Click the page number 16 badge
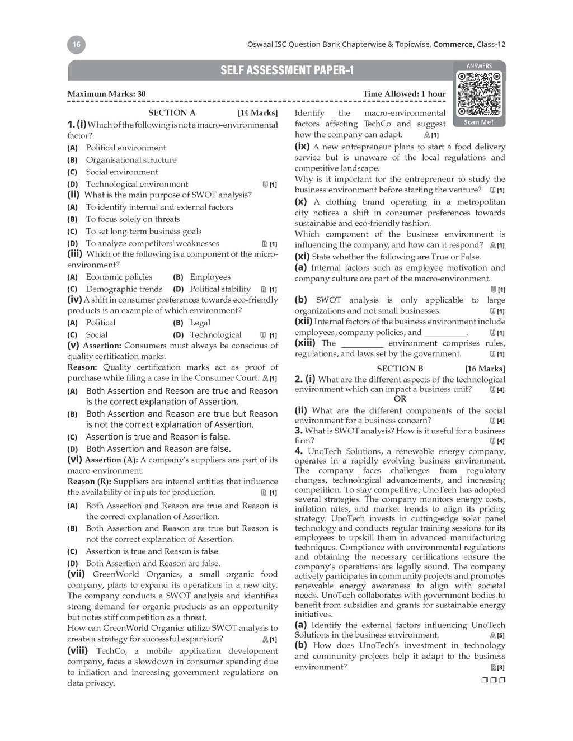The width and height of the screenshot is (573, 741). tap(77, 45)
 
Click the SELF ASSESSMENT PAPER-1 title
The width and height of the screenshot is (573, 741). tap(286, 70)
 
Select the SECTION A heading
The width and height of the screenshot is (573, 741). tap(172, 113)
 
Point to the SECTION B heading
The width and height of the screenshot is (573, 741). tap(400, 369)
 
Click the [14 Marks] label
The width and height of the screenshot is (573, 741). tap(257, 113)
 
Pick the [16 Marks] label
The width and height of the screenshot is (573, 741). tap(485, 369)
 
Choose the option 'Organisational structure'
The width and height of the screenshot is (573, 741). tap(131, 160)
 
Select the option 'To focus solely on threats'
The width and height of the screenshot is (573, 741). tap(133, 219)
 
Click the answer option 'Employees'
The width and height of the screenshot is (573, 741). tap(210, 277)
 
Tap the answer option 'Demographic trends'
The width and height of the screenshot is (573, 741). tap(124, 289)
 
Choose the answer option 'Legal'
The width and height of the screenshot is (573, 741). tap(200, 323)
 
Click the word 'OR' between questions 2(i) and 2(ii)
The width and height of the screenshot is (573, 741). tap(400, 399)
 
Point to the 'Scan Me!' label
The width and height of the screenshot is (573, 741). tap(478, 122)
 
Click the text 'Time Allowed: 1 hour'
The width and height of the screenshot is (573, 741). tap(404, 94)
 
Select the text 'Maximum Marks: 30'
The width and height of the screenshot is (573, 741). tap(106, 94)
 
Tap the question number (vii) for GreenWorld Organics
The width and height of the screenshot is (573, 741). tap(76, 574)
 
